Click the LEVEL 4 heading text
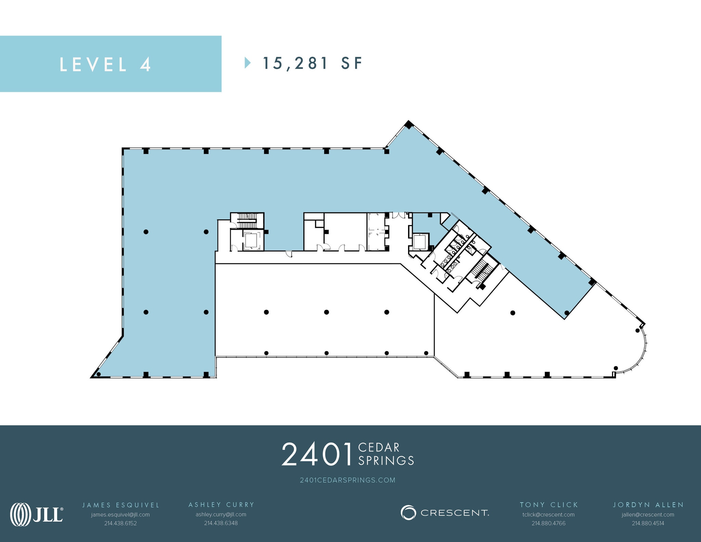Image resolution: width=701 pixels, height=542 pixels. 105,64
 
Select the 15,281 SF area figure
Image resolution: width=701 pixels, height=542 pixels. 312,63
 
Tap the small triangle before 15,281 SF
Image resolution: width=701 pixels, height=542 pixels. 247,63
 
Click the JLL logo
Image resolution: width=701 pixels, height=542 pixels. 37,514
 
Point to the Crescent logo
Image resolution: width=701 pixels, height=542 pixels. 445,513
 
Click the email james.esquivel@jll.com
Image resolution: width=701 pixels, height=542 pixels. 120,515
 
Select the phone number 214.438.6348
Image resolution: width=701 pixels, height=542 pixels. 221,523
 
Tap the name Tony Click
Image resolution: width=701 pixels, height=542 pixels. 549,505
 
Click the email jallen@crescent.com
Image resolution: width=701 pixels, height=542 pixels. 648,515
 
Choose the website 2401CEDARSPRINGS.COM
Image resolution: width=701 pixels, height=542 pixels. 347,480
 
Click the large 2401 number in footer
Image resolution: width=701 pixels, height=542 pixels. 317,454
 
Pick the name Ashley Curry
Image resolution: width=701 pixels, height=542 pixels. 221,505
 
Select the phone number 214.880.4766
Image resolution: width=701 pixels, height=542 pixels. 548,523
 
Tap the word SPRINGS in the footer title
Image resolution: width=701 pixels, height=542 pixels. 386,461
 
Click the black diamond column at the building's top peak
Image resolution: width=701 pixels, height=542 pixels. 408,125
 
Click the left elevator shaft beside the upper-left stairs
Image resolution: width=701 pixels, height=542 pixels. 251,240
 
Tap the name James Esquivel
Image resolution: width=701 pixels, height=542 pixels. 121,505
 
